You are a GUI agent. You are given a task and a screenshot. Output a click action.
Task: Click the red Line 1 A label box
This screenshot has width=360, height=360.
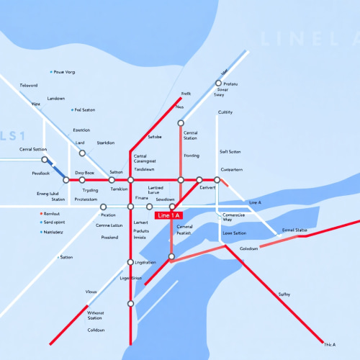[169, 215]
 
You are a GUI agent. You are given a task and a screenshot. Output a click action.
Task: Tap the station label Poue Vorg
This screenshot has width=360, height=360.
[66, 72]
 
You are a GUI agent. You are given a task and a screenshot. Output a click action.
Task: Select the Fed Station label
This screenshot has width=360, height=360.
[85, 110]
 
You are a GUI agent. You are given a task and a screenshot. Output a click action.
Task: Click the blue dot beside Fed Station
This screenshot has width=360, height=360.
[73, 110]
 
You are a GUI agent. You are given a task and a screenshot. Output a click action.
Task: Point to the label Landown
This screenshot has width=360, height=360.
[55, 98]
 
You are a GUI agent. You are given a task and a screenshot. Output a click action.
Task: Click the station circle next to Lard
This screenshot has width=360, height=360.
[82, 153]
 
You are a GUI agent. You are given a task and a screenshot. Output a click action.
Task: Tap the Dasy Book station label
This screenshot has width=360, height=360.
[84, 173]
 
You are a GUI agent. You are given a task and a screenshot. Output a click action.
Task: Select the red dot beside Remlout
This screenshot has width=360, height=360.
[42, 213]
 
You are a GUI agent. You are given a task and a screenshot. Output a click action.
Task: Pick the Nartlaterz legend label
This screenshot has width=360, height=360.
[53, 232]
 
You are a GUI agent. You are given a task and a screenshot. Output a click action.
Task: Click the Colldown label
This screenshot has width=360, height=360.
[96, 330]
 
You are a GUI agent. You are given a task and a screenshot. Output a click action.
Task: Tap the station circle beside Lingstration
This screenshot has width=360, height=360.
[130, 262]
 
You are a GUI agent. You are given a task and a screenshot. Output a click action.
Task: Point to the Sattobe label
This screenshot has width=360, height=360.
[155, 136]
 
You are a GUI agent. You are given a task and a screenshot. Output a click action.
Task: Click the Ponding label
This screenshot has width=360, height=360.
[192, 155]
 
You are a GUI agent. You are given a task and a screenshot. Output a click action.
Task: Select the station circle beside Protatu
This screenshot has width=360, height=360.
[217, 84]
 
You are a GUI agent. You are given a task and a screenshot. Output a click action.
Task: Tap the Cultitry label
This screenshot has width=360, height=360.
[225, 112]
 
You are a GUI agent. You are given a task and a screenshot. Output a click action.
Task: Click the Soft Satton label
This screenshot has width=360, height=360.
[230, 152]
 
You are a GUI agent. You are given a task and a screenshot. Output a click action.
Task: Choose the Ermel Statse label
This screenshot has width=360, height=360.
[294, 229]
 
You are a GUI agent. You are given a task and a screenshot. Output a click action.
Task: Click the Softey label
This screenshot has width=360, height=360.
[284, 294]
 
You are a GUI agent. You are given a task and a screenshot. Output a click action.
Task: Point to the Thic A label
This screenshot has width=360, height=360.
[330, 345]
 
